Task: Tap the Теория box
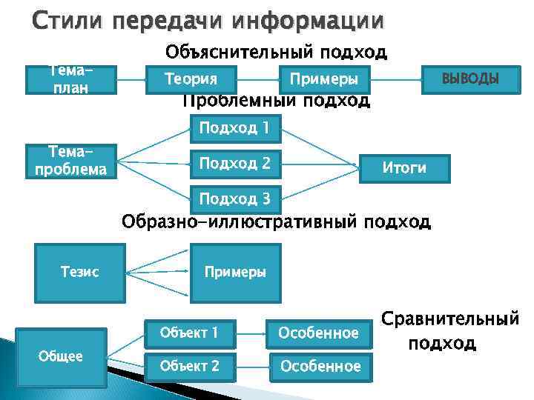[191, 79]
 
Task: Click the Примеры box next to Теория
[324, 79]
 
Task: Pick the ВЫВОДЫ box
[470, 79]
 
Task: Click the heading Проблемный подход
[276, 101]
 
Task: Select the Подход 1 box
[234, 128]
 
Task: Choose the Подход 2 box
[234, 163]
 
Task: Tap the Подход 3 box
[234, 199]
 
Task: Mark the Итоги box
[403, 167]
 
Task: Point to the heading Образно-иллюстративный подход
[275, 221]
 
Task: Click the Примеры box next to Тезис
[235, 272]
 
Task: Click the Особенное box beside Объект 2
[319, 366]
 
